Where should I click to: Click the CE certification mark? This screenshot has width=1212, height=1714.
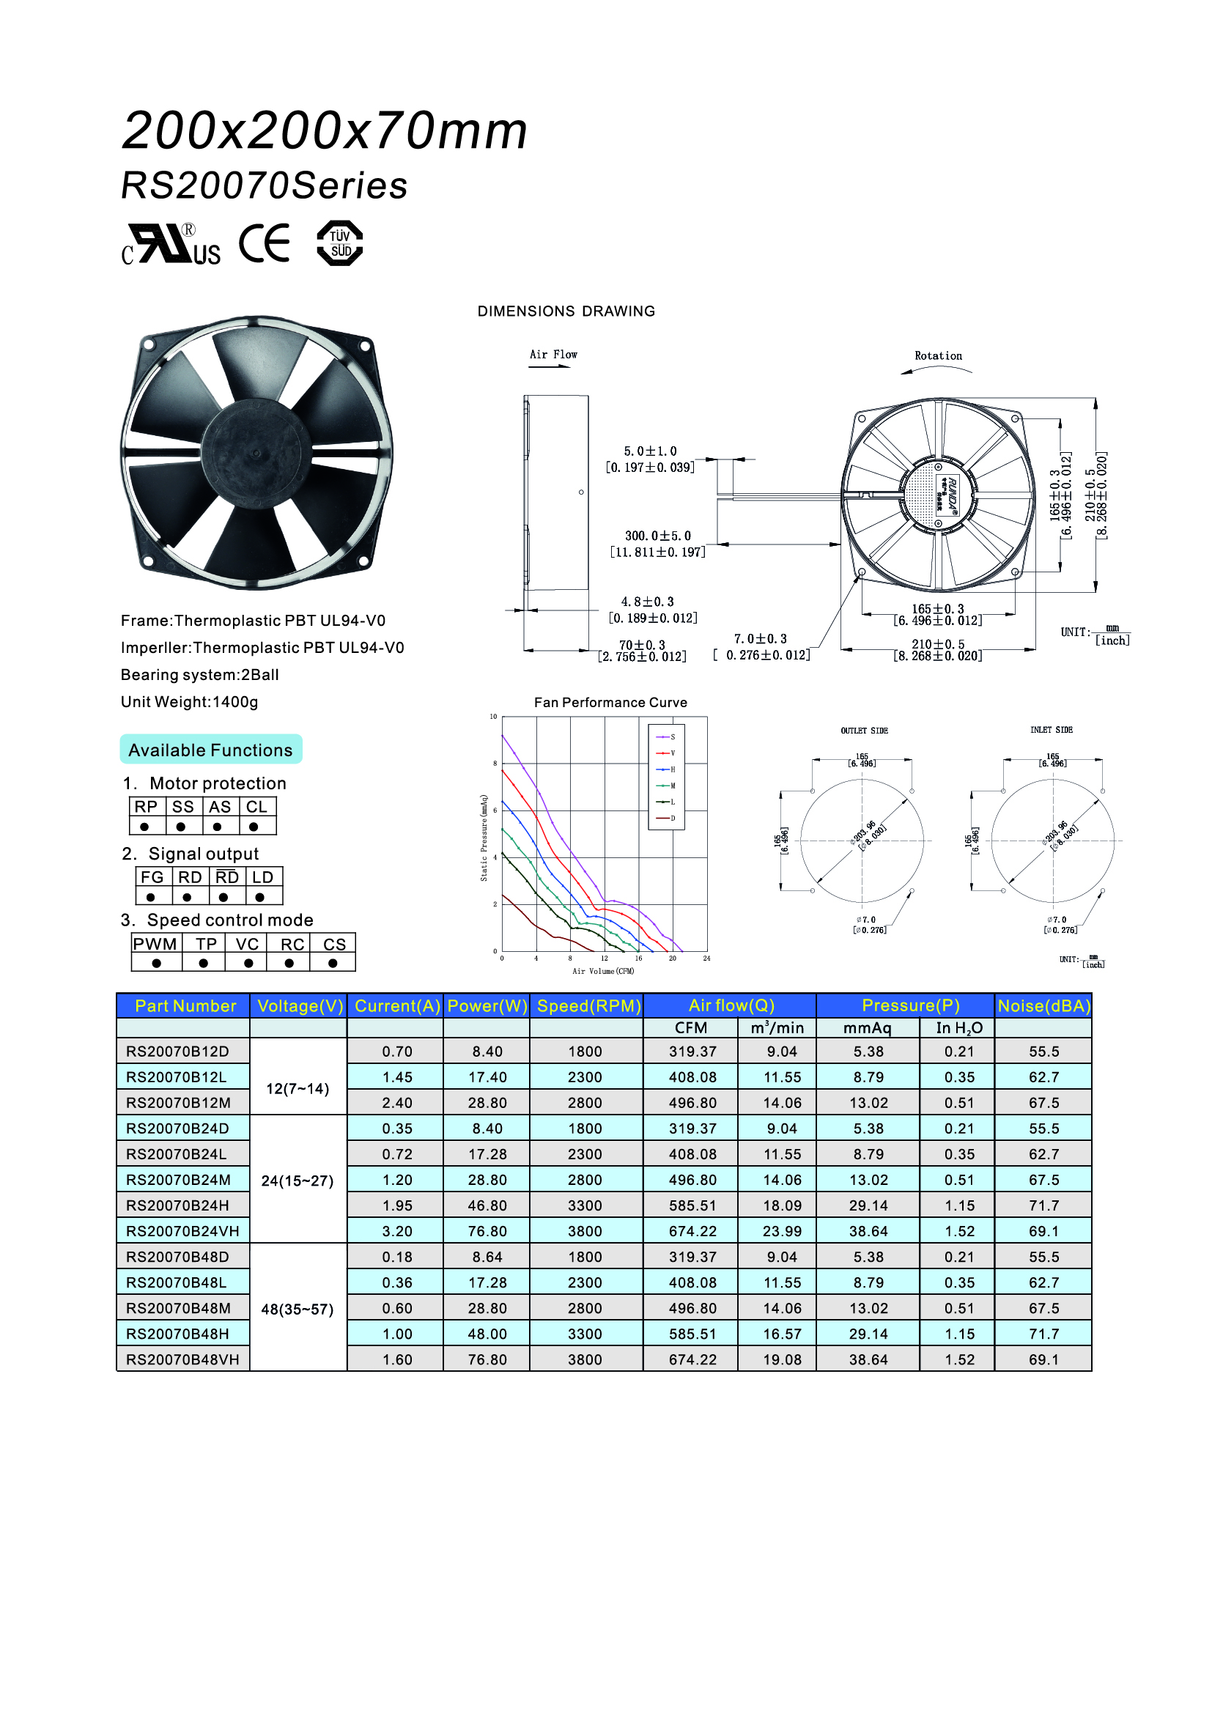coord(265,244)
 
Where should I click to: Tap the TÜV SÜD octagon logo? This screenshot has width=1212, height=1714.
coord(339,243)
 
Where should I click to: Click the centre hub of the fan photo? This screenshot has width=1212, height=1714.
coord(255,452)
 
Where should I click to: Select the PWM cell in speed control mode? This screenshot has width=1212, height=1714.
coord(155,944)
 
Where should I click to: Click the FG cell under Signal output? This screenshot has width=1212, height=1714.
coord(152,877)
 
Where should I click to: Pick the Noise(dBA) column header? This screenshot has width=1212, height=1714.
coord(1043,1005)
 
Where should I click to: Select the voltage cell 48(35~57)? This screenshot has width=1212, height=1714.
coord(297,1309)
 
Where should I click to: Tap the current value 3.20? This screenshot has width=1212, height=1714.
coord(397,1231)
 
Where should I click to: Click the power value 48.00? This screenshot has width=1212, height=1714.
coord(487,1333)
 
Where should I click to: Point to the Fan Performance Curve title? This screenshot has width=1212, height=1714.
coord(610,703)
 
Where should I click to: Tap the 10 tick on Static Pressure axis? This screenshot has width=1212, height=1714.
coord(493,717)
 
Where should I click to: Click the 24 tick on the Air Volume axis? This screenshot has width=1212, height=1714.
coord(706,958)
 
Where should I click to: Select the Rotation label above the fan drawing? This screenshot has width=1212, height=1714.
coord(938,356)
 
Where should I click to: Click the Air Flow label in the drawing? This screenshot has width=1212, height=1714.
coord(553,355)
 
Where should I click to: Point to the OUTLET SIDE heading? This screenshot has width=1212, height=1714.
coord(864,731)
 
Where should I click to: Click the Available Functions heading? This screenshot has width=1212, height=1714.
coord(210,750)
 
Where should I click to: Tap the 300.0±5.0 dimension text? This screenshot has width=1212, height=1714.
coord(657,536)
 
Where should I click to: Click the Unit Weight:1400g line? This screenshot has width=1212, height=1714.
coord(190,702)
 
